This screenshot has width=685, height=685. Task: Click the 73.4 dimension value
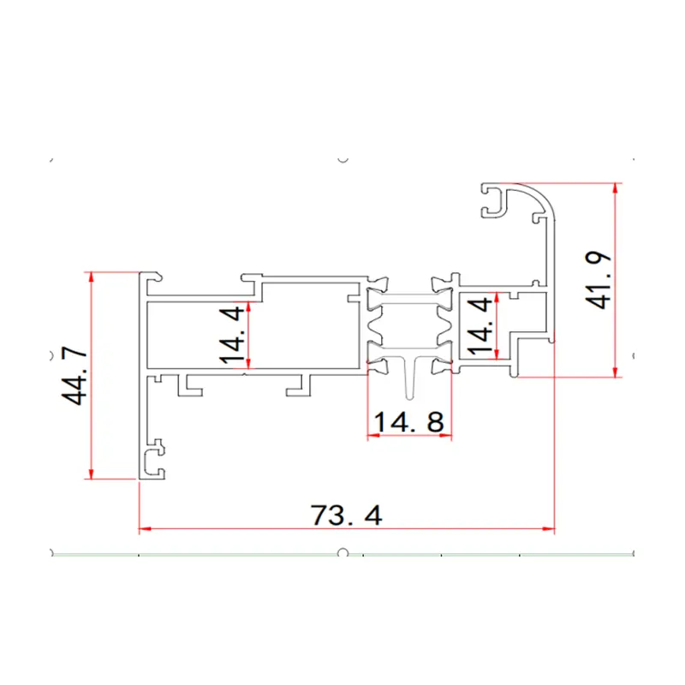tap(347, 515)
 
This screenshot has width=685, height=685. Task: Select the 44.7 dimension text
tap(74, 376)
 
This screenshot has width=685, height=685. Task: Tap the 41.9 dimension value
tap(598, 280)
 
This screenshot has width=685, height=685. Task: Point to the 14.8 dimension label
tap(409, 422)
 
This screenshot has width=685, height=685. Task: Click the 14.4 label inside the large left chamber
tap(232, 335)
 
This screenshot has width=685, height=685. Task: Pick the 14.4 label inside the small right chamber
tap(480, 325)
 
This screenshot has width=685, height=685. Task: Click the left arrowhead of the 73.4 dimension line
tap(145, 528)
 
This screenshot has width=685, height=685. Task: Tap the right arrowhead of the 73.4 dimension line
tap(549, 528)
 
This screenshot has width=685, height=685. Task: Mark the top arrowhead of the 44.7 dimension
tap(91, 277)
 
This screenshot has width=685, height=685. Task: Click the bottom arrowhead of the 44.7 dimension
tap(91, 474)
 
